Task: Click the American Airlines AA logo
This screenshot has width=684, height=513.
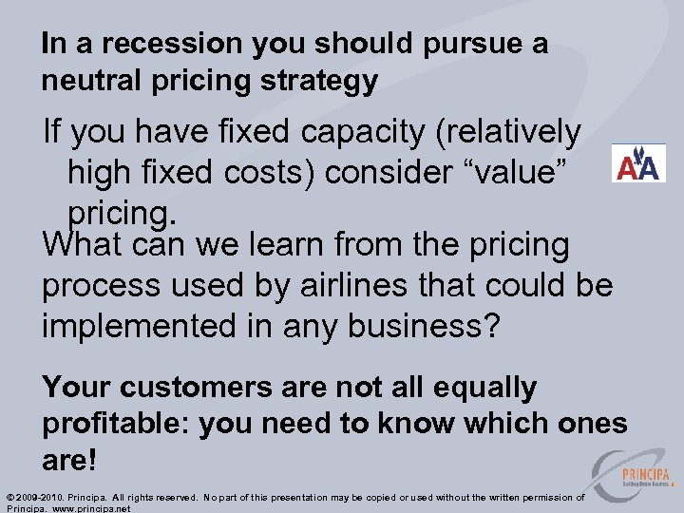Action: (x=638, y=163)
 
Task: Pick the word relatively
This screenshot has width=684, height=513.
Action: (x=507, y=133)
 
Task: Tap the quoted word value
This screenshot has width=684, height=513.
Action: (x=515, y=174)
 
